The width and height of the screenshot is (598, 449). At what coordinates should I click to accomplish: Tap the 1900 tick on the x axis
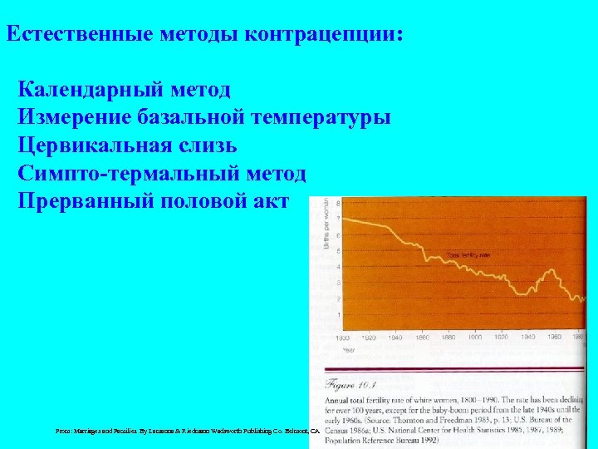click(x=475, y=338)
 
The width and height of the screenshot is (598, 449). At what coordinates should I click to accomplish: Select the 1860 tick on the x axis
click(x=422, y=338)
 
